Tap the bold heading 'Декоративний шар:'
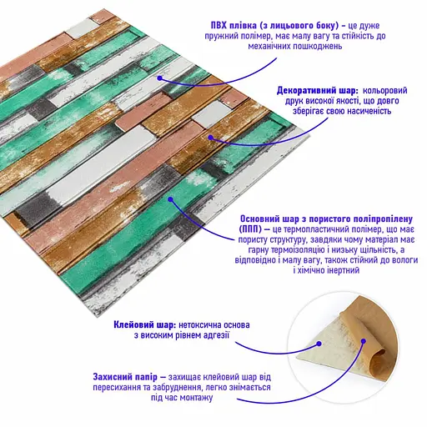pos(316,89)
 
